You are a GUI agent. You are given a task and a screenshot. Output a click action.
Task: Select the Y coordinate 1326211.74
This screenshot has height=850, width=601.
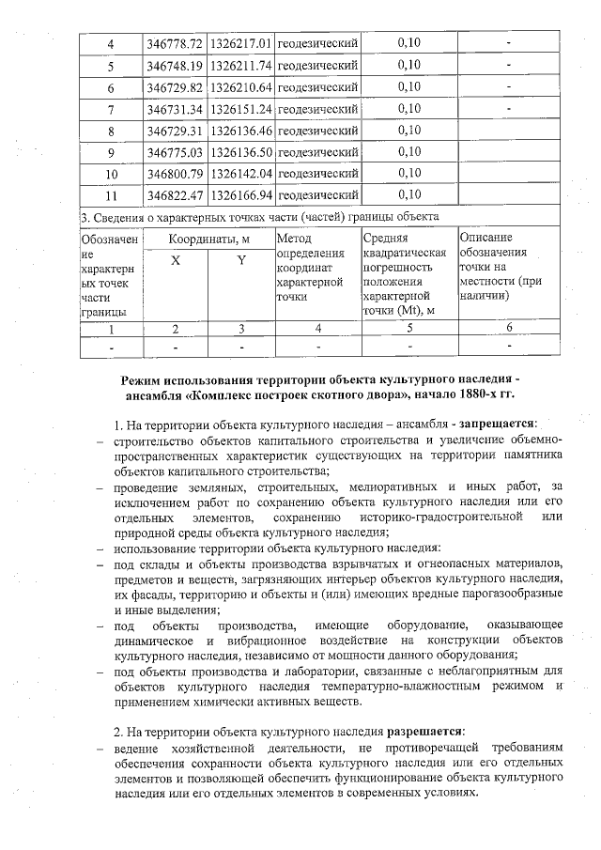coord(241,66)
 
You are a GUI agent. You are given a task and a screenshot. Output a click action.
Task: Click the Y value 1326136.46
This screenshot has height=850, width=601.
coord(241,130)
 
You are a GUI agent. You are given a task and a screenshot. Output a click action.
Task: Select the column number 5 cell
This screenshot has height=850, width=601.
coord(408,328)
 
